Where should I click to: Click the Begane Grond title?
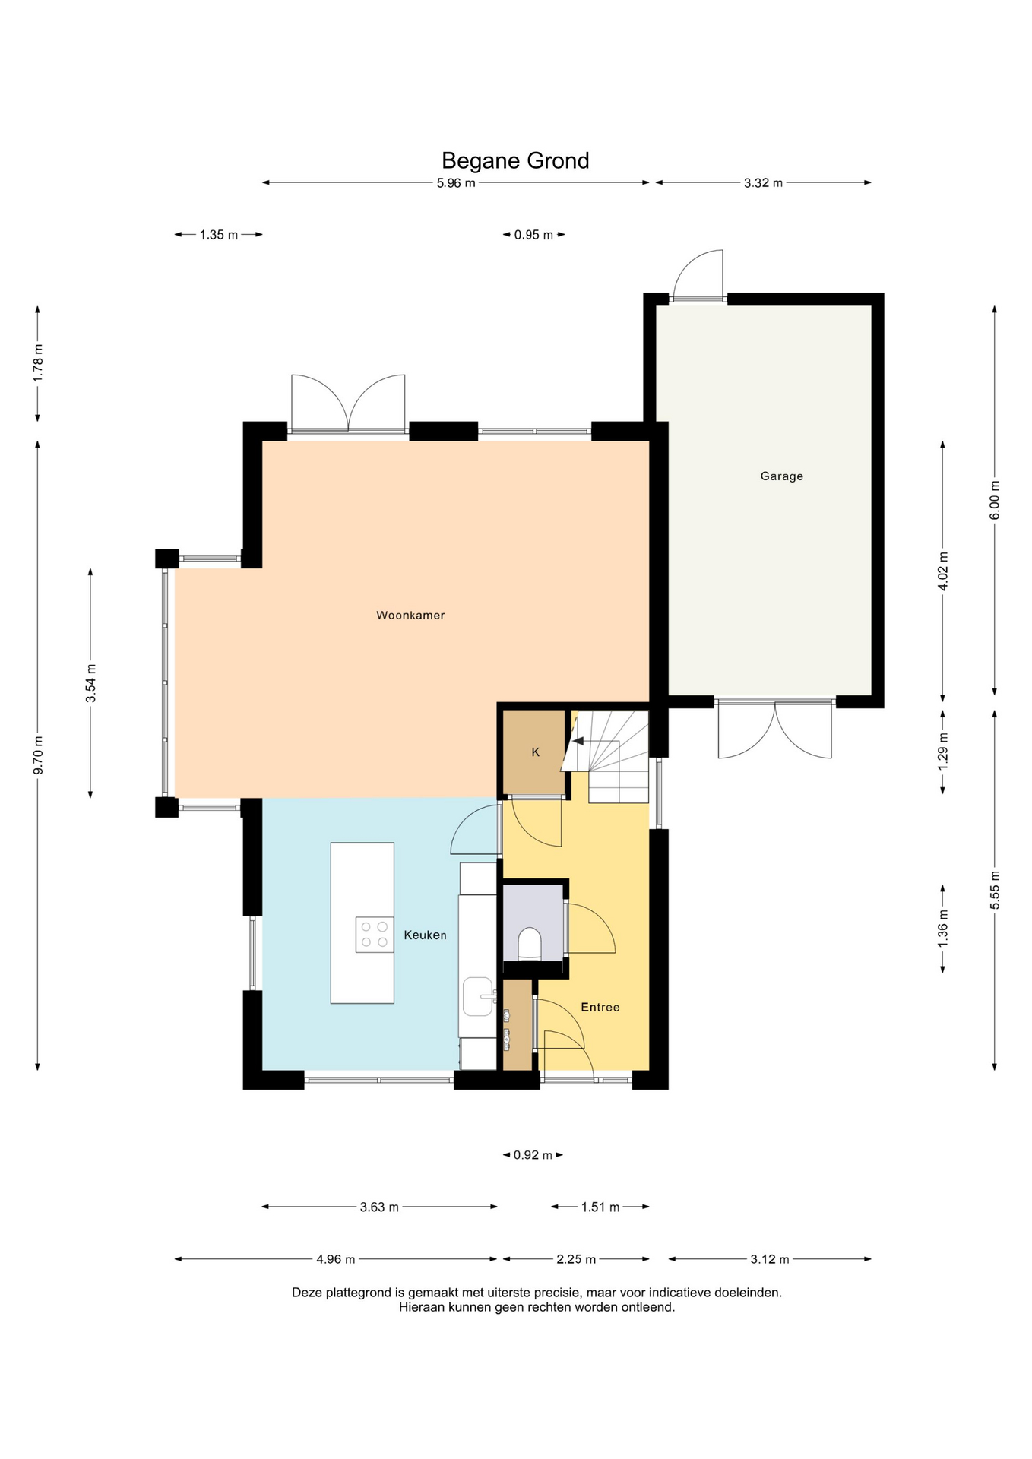point(515,161)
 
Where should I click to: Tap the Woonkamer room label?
point(410,616)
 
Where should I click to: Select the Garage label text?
point(781,476)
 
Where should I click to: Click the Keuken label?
point(425,935)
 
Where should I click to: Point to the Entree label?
point(600,1008)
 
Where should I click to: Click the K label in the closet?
point(535,752)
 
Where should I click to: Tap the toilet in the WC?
point(530,943)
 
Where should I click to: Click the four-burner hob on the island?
point(375,935)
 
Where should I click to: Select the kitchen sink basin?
point(479,996)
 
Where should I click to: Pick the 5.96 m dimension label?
point(456,183)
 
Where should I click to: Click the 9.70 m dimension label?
point(38,755)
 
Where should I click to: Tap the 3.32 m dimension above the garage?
point(763,183)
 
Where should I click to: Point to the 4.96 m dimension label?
point(336,1259)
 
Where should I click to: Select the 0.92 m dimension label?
point(533,1155)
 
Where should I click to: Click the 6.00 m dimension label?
point(995,500)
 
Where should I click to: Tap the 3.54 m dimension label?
point(91,684)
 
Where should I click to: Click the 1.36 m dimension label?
point(943,929)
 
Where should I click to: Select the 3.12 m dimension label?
point(770,1259)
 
